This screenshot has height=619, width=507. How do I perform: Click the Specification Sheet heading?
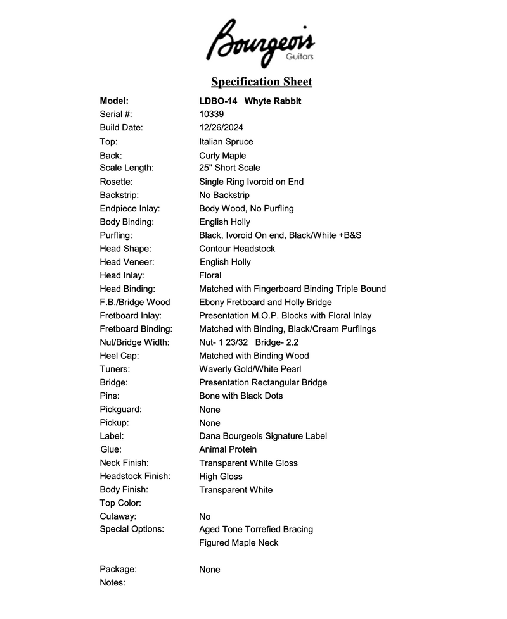point(261,82)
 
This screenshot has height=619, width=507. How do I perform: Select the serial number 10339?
point(211,115)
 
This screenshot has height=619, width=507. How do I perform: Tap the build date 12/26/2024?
point(221,128)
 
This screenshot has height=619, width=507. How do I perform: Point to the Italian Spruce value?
point(226,142)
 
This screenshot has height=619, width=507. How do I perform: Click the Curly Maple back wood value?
point(222,156)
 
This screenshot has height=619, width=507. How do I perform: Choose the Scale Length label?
point(127,168)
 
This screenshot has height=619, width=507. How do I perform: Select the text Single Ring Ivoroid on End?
point(251,182)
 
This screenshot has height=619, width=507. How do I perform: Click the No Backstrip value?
point(224,195)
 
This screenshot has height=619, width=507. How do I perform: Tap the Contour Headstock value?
point(237,249)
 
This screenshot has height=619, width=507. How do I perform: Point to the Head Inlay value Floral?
point(210,275)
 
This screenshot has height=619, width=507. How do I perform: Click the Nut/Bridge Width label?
point(134,342)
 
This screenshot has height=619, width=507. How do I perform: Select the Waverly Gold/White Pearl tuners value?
point(250,369)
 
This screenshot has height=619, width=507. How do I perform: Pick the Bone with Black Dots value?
point(241,396)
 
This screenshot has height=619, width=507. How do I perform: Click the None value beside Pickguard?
point(210,410)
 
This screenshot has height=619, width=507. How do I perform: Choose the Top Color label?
point(120,503)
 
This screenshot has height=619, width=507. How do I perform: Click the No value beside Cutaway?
point(205,516)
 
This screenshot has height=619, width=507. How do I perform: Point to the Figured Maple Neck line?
point(238,542)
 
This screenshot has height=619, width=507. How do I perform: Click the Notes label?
point(113,582)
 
